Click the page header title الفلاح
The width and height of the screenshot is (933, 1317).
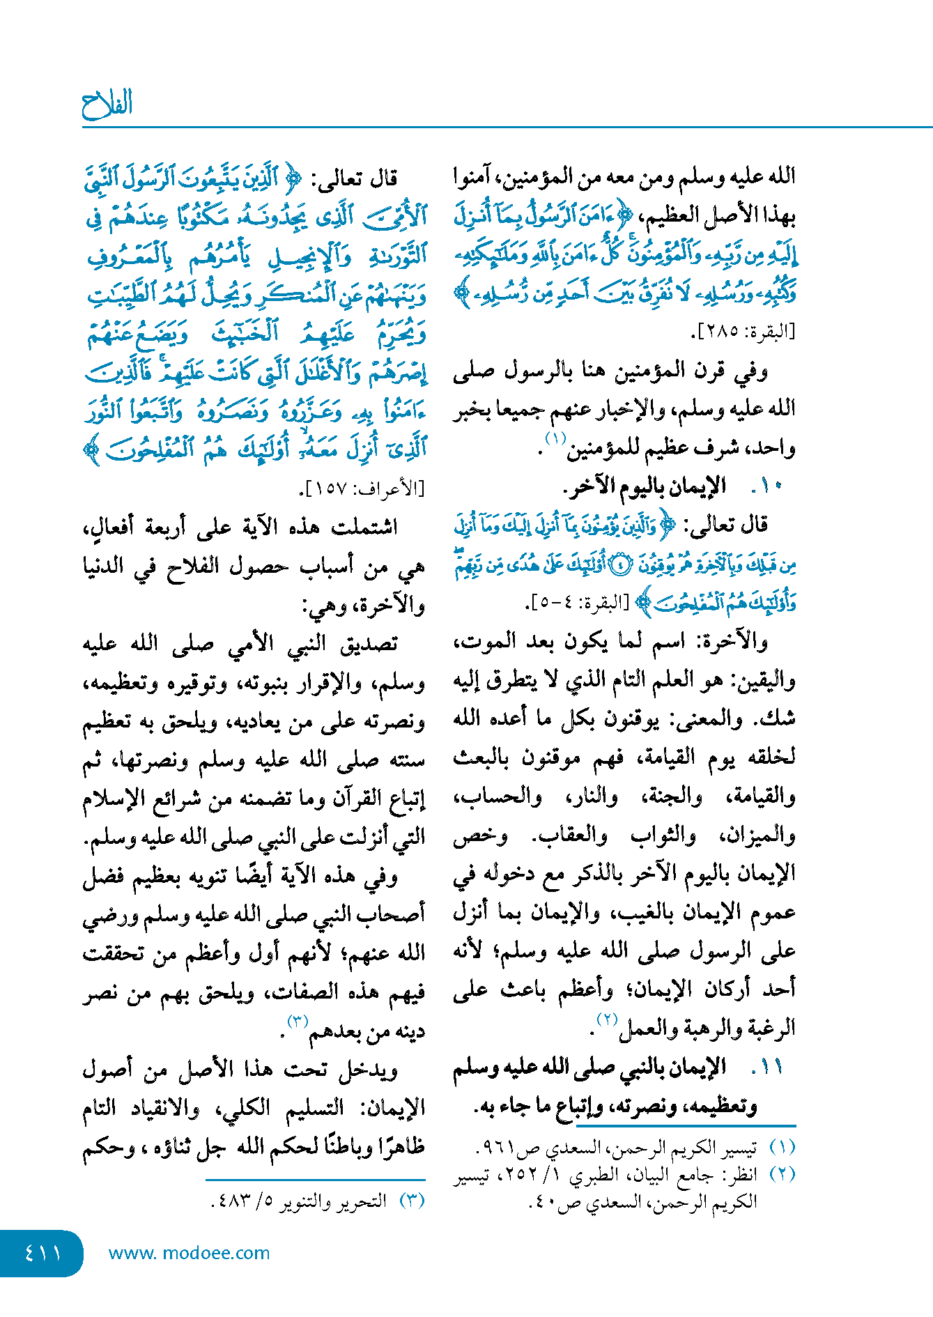point(107,105)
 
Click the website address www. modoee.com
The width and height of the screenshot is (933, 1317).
point(189,1253)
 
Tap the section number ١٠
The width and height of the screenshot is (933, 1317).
point(769,486)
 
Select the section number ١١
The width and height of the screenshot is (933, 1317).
point(769,1067)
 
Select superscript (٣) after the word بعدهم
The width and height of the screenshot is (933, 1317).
point(298,1022)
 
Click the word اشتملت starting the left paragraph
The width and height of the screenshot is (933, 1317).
point(364,527)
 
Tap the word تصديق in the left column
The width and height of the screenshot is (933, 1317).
point(368,644)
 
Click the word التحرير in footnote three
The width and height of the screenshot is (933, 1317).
point(361,1201)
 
